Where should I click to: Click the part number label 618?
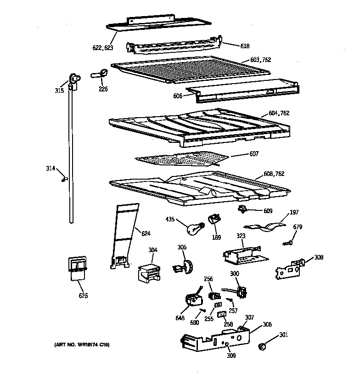tap(245, 46)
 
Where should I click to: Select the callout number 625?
tap(83, 295)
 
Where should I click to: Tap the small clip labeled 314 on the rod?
tap(65, 178)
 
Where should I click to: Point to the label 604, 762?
tap(278, 113)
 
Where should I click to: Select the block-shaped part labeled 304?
tap(149, 272)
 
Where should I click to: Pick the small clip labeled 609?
tap(242, 210)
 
